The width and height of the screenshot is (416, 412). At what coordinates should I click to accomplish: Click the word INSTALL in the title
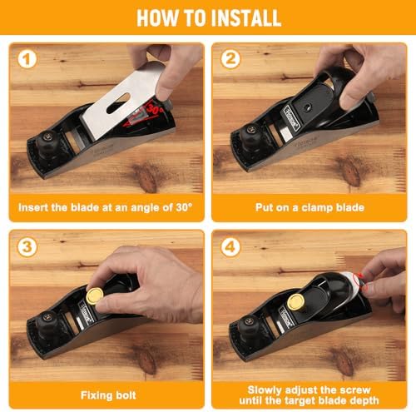[x=246, y=17]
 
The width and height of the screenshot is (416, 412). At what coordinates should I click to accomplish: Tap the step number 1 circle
[x=27, y=59]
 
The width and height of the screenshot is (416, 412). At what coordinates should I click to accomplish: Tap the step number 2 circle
[x=230, y=59]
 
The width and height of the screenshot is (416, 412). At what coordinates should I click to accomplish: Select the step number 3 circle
[x=27, y=246]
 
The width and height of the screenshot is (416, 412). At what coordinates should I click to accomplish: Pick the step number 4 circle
[x=230, y=246]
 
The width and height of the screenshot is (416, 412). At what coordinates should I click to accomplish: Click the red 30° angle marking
[x=155, y=109]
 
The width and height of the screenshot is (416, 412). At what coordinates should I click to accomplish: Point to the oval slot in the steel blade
[x=118, y=103]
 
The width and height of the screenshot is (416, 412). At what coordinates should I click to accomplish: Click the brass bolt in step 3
[x=95, y=296]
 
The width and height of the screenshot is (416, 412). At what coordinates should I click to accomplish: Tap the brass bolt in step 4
[x=296, y=302]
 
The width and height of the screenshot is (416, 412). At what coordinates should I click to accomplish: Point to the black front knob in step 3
[x=47, y=321]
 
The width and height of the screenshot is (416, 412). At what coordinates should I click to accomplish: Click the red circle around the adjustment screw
[x=360, y=281]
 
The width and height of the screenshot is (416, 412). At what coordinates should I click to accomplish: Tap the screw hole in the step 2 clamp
[x=307, y=107]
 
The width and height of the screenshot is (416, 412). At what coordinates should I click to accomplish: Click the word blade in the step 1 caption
[x=85, y=207]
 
